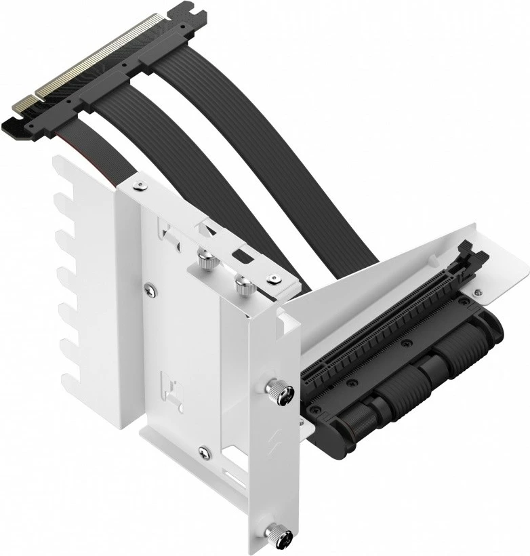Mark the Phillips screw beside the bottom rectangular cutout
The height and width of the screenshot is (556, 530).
pos(204,450)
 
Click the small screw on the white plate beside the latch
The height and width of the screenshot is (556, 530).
pos(478,293)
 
